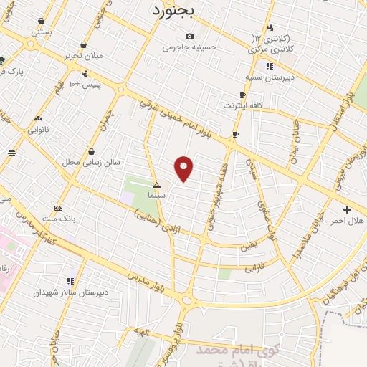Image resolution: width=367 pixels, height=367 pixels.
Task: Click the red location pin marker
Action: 184,168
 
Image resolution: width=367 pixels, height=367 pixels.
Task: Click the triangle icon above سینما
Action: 156,185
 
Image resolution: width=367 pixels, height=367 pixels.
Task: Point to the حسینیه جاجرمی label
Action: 189,47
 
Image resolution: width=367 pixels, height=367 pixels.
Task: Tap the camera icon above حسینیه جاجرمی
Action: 189,37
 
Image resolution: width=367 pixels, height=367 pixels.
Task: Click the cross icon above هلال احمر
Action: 348,209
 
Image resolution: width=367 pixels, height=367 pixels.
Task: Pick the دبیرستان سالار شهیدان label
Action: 72,292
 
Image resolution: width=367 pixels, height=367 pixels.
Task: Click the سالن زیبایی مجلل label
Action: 90,163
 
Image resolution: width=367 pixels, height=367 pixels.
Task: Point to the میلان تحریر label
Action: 85,55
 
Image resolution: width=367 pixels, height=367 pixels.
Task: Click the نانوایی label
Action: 39,130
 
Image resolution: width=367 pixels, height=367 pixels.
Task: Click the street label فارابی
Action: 254,268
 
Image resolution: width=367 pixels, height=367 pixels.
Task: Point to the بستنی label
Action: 41,32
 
